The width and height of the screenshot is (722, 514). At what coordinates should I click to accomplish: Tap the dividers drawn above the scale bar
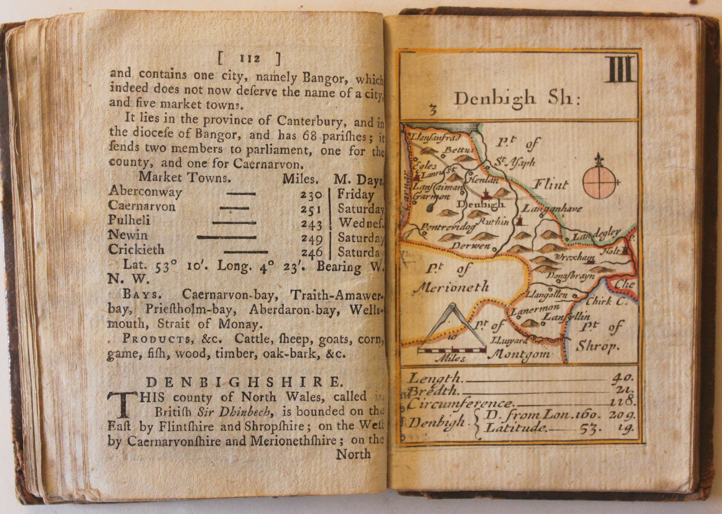(451, 326)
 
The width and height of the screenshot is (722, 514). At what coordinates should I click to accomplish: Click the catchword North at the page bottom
(353, 455)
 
